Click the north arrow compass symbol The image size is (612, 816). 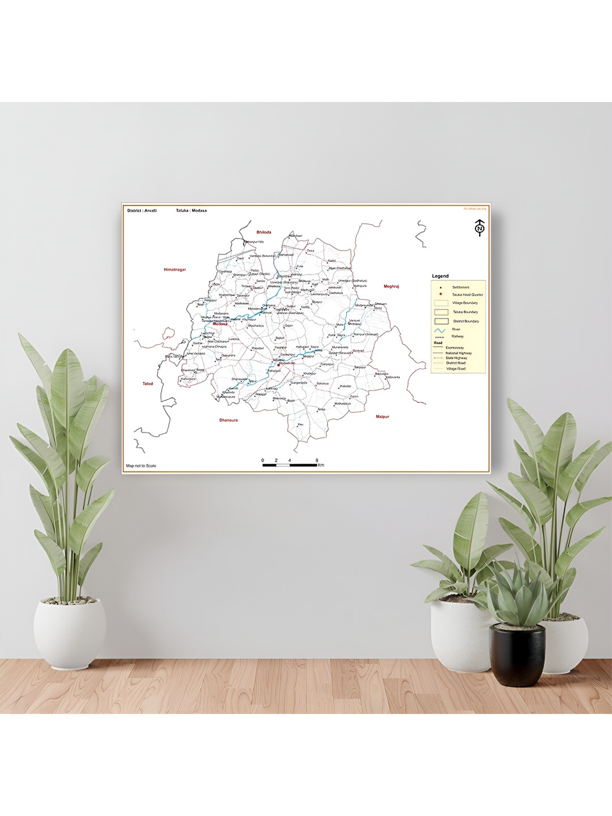tap(480, 228)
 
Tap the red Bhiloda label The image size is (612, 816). tap(264, 232)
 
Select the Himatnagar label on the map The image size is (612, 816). tap(175, 270)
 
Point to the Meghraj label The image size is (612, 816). tap(392, 287)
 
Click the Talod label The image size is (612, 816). tap(148, 384)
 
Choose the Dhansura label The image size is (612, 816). tap(229, 420)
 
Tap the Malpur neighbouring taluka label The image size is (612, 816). tap(382, 416)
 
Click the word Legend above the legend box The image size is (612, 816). tap(440, 276)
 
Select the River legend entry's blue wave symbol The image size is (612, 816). tap(440, 329)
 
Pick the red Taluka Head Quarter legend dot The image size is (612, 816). tap(440, 294)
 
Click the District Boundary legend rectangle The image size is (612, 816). tap(441, 321)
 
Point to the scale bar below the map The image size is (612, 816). tap(290, 465)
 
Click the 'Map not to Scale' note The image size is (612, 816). tap(141, 466)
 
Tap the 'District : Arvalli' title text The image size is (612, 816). tap(142, 210)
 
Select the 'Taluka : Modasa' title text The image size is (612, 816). tap(192, 210)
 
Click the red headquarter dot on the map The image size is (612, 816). tap(279, 365)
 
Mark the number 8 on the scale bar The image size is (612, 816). tap(317, 460)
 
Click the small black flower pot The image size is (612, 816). tap(517, 654)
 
